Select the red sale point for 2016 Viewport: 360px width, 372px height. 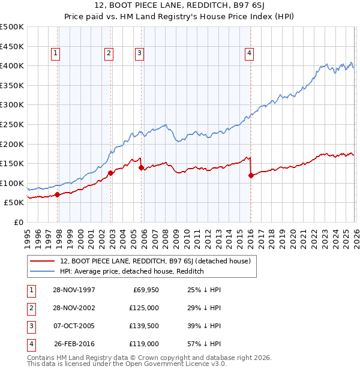[251, 176]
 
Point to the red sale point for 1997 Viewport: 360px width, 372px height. [58, 194]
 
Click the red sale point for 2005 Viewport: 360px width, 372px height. [141, 168]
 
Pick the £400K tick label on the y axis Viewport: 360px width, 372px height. [12, 65]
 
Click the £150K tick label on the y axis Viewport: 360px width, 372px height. [12, 163]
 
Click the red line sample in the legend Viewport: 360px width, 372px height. [42, 261]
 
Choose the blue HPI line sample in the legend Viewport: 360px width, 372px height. [42, 271]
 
